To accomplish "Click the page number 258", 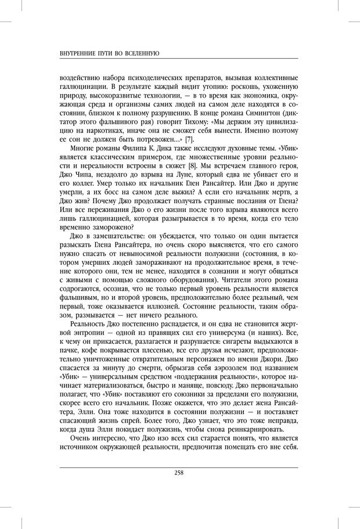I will tap(179, 473).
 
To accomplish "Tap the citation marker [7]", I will tap(189, 139).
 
